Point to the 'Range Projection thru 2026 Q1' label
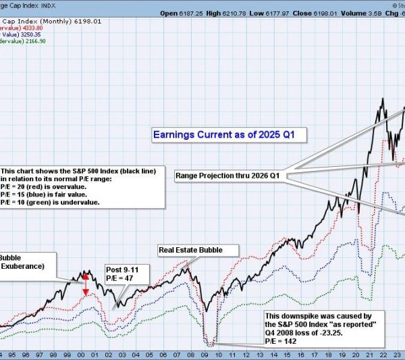(227, 176)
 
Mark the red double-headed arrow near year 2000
(86, 284)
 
